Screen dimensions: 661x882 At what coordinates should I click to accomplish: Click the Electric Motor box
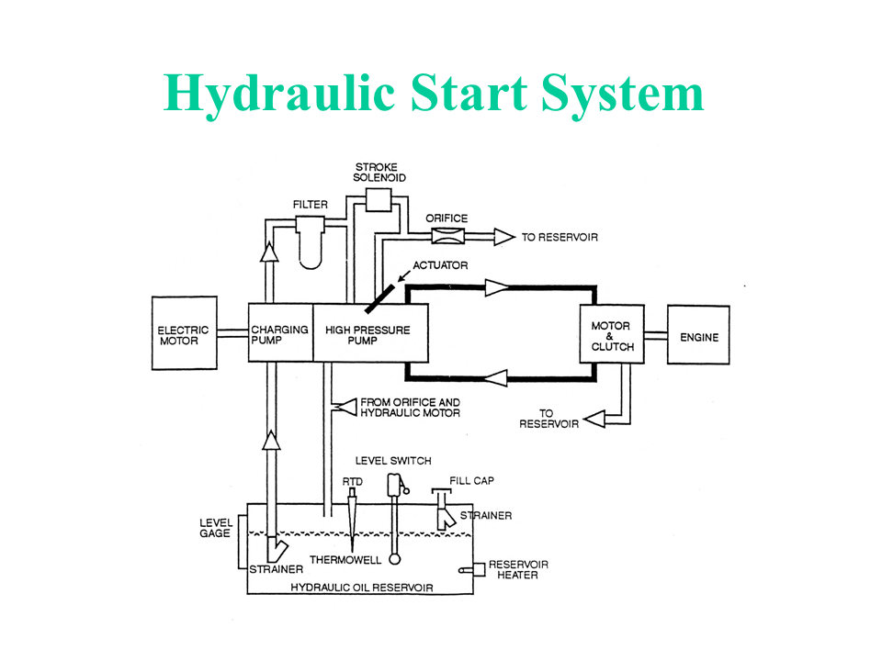click(184, 332)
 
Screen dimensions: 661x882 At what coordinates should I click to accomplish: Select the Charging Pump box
click(280, 332)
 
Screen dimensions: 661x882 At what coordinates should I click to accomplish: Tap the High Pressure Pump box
click(371, 332)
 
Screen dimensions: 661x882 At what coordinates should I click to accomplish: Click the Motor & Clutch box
click(612, 336)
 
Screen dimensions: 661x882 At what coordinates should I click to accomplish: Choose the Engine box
click(698, 336)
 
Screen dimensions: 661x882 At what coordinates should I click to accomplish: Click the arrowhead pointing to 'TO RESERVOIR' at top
click(504, 237)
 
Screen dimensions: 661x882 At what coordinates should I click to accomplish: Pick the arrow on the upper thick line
click(496, 288)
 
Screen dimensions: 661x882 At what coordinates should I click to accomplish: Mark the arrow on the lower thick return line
click(496, 375)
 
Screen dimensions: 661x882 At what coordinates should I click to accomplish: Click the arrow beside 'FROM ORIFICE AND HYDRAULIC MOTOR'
click(344, 407)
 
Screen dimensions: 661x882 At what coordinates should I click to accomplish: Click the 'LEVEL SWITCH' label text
click(393, 461)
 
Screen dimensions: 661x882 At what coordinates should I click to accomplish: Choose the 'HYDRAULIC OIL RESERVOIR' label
click(361, 588)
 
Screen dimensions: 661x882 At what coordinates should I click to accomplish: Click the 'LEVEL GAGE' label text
click(215, 528)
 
